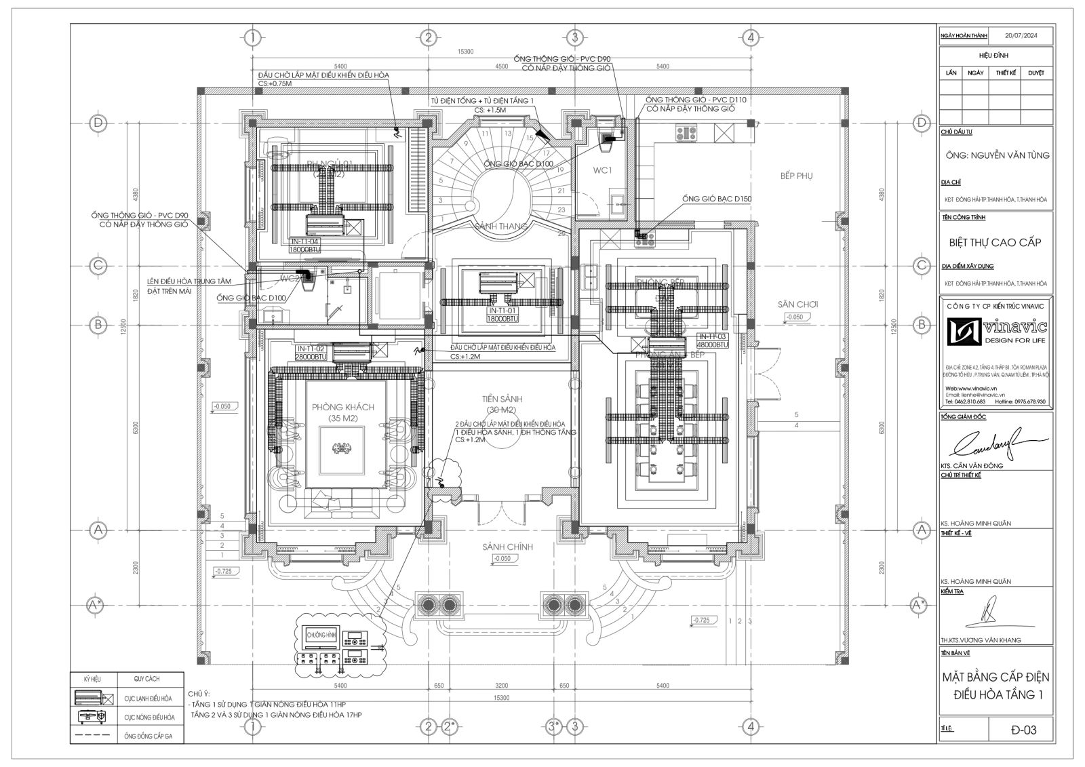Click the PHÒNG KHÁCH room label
pos(343,406)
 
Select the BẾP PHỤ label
pos(796,176)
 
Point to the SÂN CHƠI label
pos(797,304)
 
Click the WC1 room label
pos(602,170)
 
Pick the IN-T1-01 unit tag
pos(502,310)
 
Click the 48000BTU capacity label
pos(712,345)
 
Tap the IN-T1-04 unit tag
pos(304,241)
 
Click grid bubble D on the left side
pos(98,123)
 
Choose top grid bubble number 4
pos(750,37)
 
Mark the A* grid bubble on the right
pos(920,603)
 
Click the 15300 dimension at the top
pos(465,52)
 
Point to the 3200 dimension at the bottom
pos(502,686)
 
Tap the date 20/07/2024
pos(1020,35)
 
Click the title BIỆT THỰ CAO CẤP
pos(995,242)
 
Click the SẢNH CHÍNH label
pos(508,547)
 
